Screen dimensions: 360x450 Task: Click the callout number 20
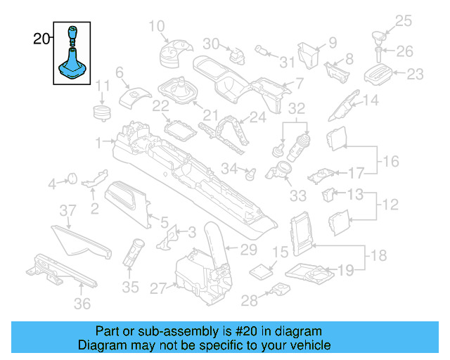pos(41,39)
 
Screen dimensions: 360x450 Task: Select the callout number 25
pos(403,20)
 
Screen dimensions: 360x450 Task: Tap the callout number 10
pos(155,27)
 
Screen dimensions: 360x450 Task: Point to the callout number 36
pos(83,304)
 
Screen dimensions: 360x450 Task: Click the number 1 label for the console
pos(99,141)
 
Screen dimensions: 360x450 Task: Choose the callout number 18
pos(378,255)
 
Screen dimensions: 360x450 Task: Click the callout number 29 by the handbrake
pos(249,249)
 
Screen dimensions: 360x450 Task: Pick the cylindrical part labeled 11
pos(104,111)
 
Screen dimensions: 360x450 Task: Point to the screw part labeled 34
pos(248,171)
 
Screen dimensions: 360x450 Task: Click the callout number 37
pos(67,210)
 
